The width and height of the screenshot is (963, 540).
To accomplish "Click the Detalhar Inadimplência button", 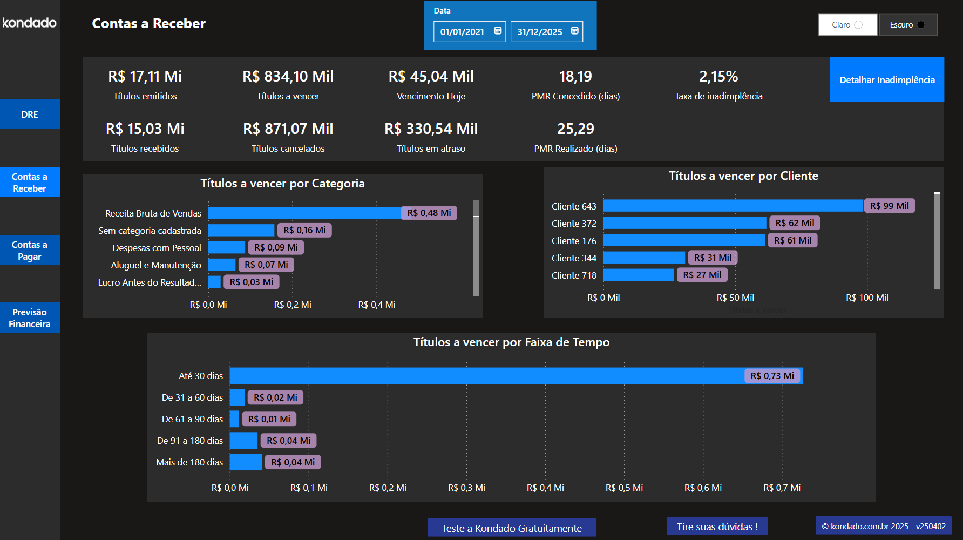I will tap(887, 79).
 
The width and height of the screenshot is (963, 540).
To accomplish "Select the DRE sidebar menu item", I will tap(30, 114).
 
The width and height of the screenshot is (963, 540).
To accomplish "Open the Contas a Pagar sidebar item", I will tap(30, 251).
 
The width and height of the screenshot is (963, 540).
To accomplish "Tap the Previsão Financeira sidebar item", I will tap(30, 318).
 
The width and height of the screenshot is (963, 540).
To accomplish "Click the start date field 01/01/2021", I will tap(463, 32).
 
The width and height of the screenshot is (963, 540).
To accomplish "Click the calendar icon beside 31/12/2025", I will tap(575, 31).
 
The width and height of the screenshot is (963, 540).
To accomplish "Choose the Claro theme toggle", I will tap(847, 25).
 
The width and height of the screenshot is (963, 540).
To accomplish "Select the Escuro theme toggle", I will tap(908, 25).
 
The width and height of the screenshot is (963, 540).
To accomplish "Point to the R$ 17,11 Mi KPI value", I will tap(145, 77).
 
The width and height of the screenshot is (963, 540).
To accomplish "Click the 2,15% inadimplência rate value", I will tap(718, 77).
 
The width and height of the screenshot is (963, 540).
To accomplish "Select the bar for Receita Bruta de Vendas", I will tap(305, 213).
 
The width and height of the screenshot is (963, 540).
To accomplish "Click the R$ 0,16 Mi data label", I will tap(304, 230).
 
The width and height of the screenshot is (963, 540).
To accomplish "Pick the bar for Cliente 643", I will tap(733, 206).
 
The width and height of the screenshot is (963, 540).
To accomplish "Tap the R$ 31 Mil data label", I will tap(713, 258).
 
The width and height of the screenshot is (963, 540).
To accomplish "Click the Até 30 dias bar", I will tap(486, 376).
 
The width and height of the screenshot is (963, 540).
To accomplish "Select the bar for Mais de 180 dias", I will tap(246, 462).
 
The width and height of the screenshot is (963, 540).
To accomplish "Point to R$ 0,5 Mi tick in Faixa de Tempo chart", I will tap(624, 488).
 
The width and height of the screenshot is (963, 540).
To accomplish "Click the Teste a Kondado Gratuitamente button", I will tap(512, 528).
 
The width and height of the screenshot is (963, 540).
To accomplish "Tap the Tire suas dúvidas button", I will tap(717, 526).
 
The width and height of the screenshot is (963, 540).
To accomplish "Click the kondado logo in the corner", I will tap(29, 23).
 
